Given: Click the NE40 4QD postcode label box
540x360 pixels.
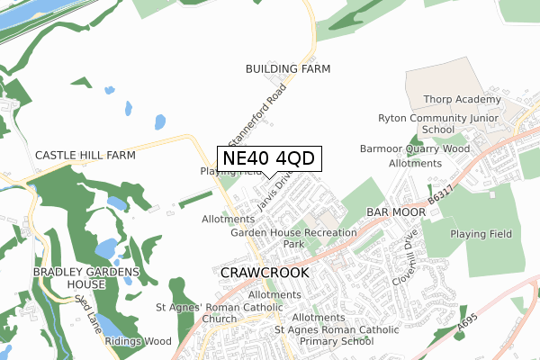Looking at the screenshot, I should click(x=269, y=158).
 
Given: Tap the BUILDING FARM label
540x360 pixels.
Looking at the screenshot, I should click(x=288, y=68).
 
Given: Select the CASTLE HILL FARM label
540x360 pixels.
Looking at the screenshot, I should click(x=85, y=156).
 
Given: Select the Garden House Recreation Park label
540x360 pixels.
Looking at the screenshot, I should click(x=293, y=238).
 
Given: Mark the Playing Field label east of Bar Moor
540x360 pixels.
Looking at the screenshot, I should click(x=481, y=234).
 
